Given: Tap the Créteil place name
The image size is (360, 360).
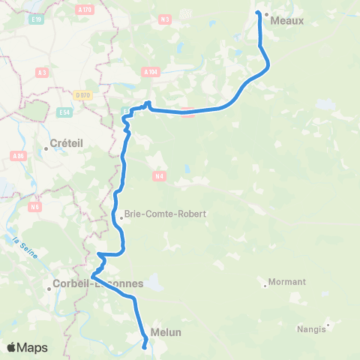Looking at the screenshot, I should point(64,142).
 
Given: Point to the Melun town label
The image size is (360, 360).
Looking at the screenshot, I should point(166,331).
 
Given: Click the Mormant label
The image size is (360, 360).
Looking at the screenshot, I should point(289,282).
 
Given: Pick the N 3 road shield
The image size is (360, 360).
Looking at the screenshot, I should point(166,19).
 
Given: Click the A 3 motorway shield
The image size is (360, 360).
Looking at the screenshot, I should point(42,73).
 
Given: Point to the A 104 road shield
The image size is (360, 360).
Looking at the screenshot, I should point(151,72).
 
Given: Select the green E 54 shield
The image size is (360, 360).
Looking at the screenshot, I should point(65,112).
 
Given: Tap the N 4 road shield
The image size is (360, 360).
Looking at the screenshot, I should point(159,176).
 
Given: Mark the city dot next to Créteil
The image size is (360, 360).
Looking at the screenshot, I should point(46,148).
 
